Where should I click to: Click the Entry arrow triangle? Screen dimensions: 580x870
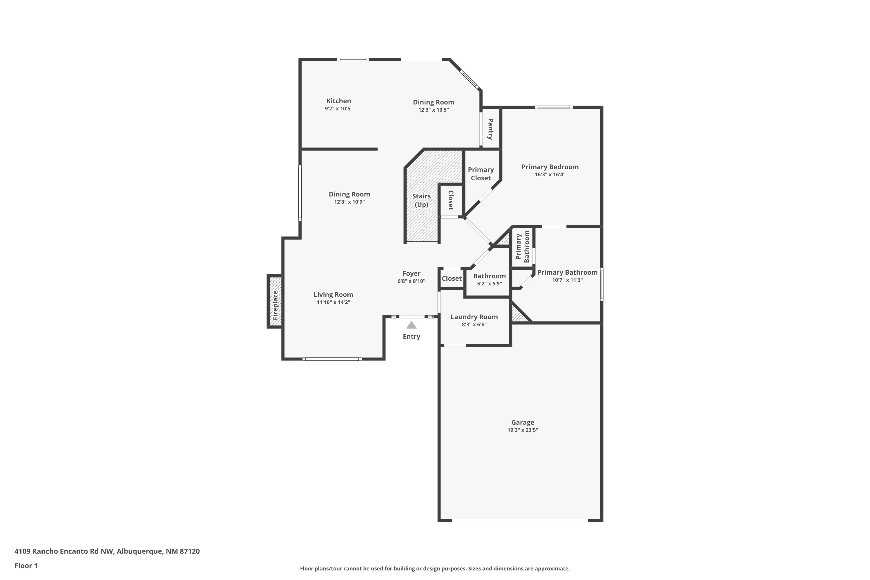click(411, 325)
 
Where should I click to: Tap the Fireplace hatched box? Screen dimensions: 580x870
click(275, 302)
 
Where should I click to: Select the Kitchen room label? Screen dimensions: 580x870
click(338, 101)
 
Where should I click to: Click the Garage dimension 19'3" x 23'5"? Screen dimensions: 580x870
click(522, 430)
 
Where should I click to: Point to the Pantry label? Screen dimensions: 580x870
click(490, 129)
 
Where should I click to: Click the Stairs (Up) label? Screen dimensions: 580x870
click(421, 200)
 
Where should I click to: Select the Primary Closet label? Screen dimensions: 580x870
click(481, 173)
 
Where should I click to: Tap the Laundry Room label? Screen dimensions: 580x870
click(474, 317)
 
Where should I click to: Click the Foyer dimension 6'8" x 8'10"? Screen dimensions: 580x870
click(411, 281)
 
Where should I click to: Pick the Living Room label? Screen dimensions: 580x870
click(333, 294)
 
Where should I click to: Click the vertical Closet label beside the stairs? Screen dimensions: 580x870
click(451, 200)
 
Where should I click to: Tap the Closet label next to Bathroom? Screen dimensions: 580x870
click(451, 278)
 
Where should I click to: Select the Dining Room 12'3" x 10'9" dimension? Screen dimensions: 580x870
click(349, 202)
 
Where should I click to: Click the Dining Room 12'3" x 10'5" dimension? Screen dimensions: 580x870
click(433, 110)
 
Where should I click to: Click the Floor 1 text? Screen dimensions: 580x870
click(26, 565)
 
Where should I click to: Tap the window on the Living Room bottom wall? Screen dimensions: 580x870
click(332, 359)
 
